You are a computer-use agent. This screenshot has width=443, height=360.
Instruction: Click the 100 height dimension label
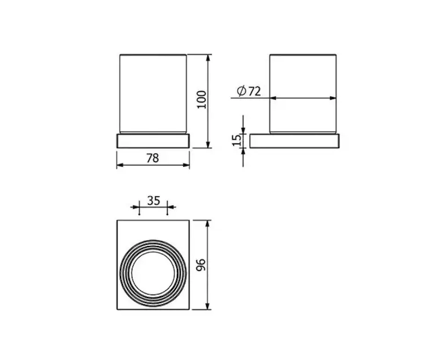click(202, 99)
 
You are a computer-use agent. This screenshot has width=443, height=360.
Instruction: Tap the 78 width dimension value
click(153, 158)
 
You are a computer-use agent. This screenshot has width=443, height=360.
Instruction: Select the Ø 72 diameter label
click(249, 91)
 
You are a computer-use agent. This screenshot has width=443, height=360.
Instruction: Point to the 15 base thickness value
click(236, 140)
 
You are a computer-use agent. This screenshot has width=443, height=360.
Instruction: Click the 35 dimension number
click(153, 200)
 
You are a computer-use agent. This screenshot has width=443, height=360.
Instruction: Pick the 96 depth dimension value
click(201, 265)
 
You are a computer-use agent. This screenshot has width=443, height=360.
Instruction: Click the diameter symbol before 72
click(241, 91)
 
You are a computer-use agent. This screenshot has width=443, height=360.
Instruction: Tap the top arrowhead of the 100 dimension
click(208, 58)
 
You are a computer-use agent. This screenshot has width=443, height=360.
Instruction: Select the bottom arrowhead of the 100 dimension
click(208, 145)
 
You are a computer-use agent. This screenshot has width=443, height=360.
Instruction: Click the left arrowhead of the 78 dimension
click(120, 165)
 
